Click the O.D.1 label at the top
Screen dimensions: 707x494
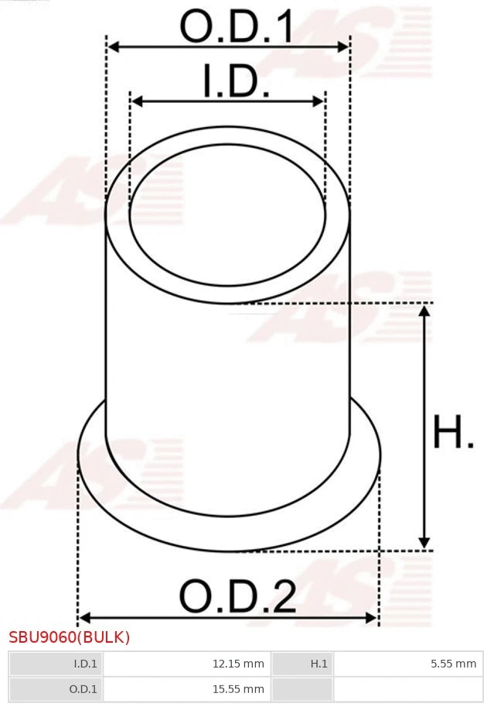tap(237, 27)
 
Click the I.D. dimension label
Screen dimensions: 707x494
tap(236, 82)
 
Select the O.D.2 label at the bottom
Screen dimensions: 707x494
tap(237, 597)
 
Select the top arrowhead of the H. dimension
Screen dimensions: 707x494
tap(424, 311)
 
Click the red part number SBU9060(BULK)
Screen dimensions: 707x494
tap(70, 637)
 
